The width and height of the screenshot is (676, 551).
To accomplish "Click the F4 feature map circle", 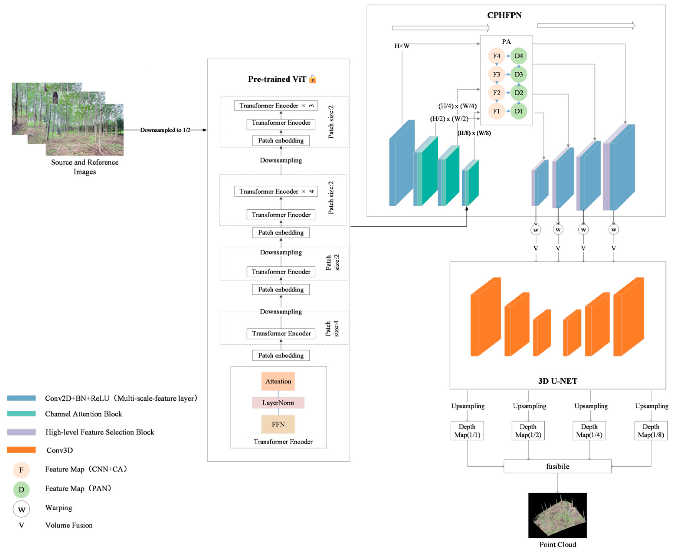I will click(496, 56).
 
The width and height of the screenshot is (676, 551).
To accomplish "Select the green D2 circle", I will click(519, 93).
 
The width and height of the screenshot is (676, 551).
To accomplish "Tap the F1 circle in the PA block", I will click(496, 111).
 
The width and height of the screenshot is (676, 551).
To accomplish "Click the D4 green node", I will click(519, 56).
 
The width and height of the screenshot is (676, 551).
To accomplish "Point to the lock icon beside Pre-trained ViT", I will click(313, 79).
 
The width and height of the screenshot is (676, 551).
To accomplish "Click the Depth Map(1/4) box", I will click(589, 430).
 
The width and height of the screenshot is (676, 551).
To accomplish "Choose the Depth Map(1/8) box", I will click(651, 430).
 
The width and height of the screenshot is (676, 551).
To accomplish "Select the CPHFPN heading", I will click(504, 15).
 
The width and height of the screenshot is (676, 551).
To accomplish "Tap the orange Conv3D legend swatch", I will click(21, 450).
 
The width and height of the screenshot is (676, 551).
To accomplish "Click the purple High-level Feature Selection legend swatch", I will click(21, 432).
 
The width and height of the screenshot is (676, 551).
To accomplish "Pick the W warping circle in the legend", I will click(21, 509).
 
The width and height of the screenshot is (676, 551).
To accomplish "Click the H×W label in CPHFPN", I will click(402, 46).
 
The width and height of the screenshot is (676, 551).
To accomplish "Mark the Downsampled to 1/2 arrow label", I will click(165, 130).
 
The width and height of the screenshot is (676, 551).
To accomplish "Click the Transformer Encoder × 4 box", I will click(276, 191).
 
